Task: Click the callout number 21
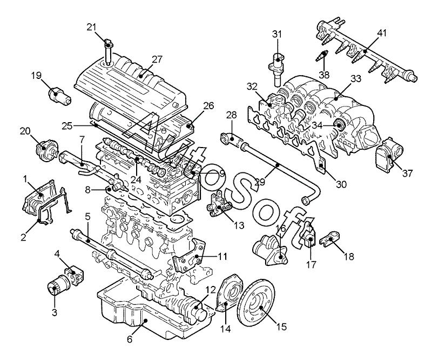coord(91,27)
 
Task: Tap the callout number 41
coord(382,33)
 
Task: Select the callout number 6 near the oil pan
coord(130,339)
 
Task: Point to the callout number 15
coord(282,326)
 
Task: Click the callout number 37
coord(407,174)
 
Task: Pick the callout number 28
coord(232,115)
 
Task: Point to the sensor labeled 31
coord(277,69)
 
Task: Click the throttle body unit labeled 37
coord(390,153)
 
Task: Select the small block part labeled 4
coord(74,276)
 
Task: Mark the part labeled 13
coord(221,206)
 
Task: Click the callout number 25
coord(68,126)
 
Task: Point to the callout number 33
coord(356,79)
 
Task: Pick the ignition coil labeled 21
coord(108,53)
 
